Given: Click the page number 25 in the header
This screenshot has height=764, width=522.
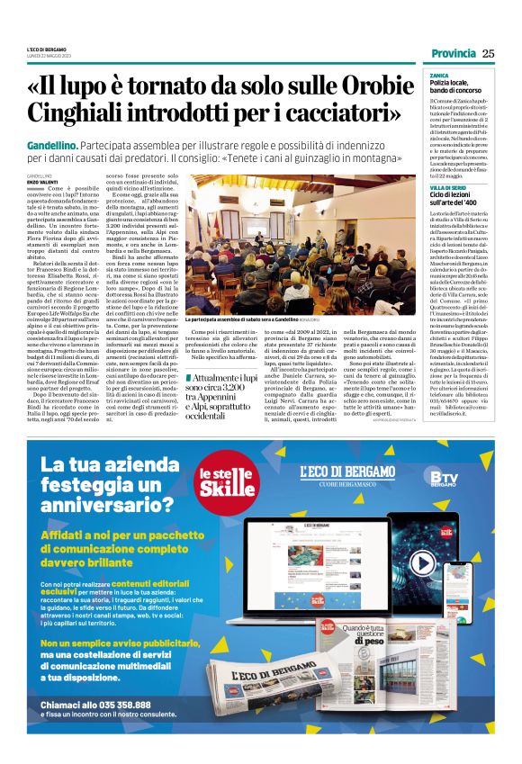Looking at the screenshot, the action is tap(489, 53).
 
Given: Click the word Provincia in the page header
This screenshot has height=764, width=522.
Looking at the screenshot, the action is tap(453, 53).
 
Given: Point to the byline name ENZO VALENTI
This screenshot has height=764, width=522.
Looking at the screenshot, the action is tap(41, 182).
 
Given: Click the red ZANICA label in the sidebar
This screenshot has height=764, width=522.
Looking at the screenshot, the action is tap(438, 75).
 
